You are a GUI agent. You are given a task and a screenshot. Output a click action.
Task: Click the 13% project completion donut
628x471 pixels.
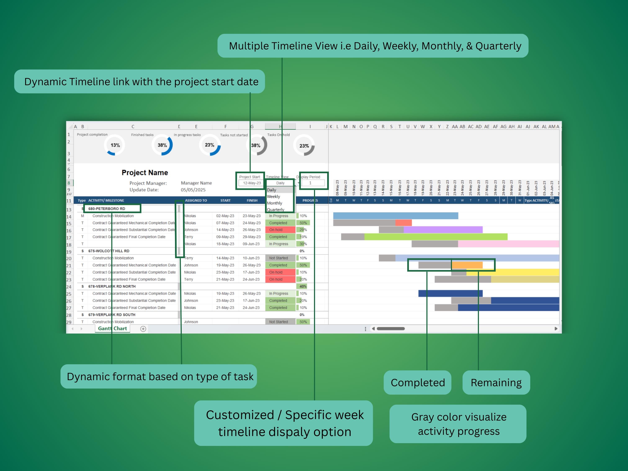coord(115,145)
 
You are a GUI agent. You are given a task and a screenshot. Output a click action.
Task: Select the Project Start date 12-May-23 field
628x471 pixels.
coord(252,183)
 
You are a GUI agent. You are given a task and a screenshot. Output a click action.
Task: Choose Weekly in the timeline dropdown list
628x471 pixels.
coord(273,197)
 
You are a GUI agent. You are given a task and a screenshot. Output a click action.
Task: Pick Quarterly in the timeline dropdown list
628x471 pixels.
coord(275,210)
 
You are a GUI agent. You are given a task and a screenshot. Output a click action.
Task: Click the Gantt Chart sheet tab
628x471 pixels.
coord(112,328)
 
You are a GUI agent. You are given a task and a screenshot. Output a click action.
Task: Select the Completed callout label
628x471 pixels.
coord(417,382)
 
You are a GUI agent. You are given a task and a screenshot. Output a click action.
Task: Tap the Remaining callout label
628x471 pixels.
coord(496,382)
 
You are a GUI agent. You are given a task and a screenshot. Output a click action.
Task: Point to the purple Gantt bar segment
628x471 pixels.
coord(443,230)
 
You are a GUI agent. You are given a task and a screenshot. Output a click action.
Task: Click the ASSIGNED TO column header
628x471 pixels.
coord(196,201)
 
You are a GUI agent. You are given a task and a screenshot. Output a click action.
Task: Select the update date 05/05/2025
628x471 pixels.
coord(193,190)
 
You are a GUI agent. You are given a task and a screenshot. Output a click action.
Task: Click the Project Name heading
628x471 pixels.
coord(145,173)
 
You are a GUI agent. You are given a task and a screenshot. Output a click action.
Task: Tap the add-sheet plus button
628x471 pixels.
coord(143,329)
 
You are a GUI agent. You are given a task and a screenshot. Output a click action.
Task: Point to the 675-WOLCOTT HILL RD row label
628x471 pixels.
coord(109,251)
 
